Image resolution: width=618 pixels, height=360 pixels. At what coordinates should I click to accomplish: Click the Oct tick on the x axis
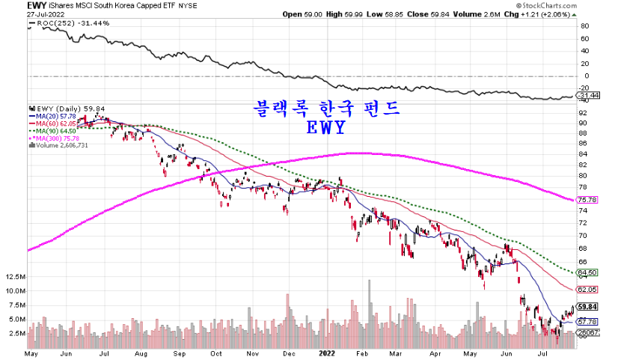tap(216, 350)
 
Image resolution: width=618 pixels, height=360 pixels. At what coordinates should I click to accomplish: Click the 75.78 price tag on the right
tap(587, 200)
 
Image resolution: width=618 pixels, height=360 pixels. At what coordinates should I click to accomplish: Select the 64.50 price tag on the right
tap(587, 272)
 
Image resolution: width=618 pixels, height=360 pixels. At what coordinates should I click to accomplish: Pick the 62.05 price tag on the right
tap(587, 289)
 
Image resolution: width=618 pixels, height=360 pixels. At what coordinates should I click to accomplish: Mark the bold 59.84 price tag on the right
tap(587, 306)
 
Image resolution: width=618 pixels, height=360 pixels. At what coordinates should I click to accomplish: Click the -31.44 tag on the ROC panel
tap(588, 95)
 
